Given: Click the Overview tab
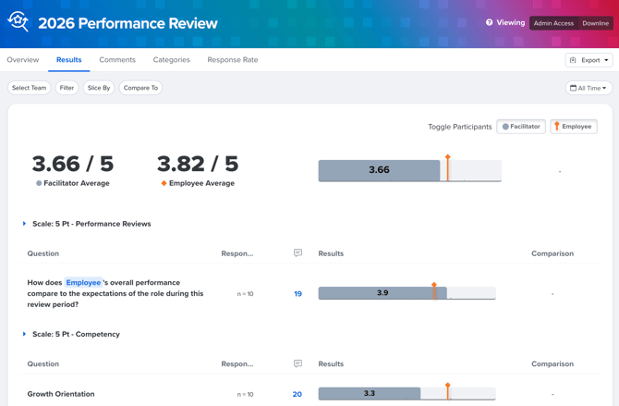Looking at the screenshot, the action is [x=23, y=60].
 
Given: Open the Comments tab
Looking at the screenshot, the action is [x=117, y=60].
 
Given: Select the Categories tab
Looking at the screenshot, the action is [x=171, y=60].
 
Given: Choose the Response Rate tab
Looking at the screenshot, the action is [x=233, y=60].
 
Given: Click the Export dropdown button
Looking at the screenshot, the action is [x=589, y=60].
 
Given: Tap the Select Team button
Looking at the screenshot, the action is [x=30, y=88].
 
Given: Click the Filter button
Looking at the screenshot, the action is [x=67, y=88].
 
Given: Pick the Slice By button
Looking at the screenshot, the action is [x=99, y=88].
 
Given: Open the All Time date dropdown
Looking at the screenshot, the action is [x=589, y=88].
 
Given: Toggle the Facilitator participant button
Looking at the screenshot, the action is [x=521, y=127].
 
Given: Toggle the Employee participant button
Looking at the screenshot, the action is [x=574, y=127].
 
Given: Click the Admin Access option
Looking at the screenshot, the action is [x=553, y=23].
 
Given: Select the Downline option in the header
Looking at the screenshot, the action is [x=595, y=23].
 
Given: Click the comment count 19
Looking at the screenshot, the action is [x=297, y=294].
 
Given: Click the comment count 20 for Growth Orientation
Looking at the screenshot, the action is [x=297, y=394].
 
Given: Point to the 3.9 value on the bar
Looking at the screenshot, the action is [x=382, y=293].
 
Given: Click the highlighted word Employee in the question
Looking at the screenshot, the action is [x=83, y=283].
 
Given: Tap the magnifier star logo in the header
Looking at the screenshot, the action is [x=18, y=21].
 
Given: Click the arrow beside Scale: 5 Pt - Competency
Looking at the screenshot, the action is [x=24, y=334].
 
